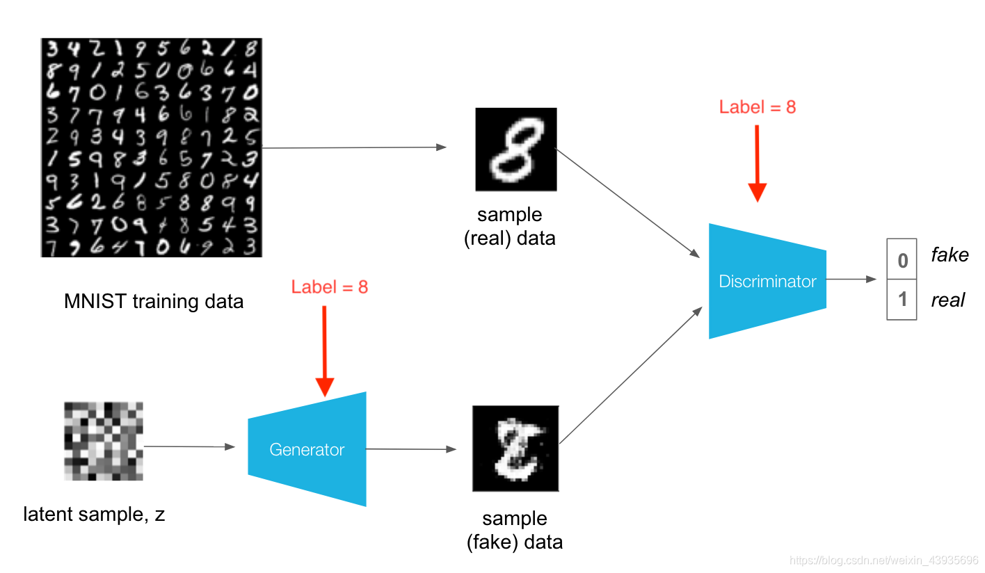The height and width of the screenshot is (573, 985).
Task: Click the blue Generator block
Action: tap(307, 449)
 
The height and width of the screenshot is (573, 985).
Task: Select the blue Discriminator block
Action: tap(767, 281)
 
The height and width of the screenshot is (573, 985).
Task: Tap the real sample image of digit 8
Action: tap(515, 149)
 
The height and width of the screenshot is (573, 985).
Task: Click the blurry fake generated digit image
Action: tap(515, 448)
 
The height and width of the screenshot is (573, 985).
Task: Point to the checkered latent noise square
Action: tap(103, 441)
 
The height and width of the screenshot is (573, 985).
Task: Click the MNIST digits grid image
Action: tap(151, 147)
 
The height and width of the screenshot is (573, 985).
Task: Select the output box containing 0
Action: tap(902, 260)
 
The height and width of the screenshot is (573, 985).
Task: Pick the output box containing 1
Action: tap(902, 300)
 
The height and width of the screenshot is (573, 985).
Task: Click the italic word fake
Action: tap(950, 255)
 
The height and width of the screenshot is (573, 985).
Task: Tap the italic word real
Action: tap(947, 300)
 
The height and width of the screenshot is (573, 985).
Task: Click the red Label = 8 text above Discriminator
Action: tap(757, 106)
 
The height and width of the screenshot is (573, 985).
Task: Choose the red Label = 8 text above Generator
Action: tap(329, 286)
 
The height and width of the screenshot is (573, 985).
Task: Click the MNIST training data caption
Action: tap(154, 301)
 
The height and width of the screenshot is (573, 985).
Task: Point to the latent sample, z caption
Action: tap(94, 515)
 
